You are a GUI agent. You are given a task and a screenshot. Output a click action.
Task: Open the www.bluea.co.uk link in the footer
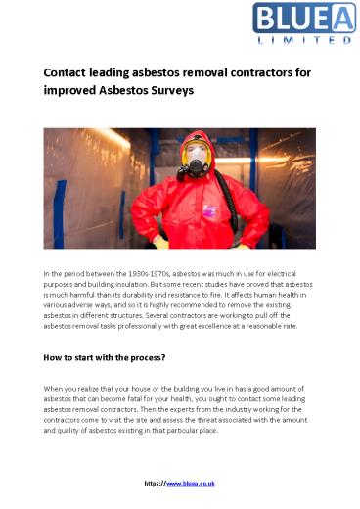click(x=194, y=483)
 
